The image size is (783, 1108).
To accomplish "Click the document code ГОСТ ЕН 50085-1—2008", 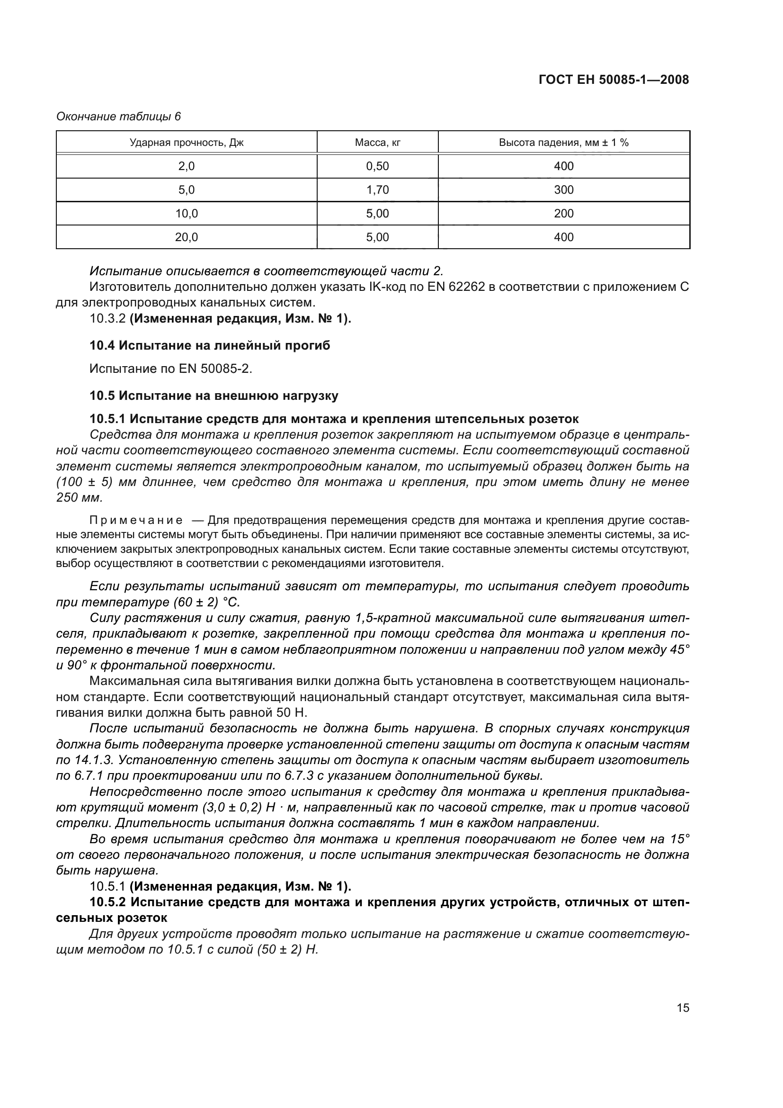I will (613, 80).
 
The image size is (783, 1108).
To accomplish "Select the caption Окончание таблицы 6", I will (119, 117).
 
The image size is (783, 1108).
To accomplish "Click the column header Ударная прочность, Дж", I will (187, 143).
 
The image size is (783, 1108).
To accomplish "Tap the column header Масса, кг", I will (377, 143).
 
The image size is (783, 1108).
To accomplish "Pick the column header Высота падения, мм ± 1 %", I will (564, 143).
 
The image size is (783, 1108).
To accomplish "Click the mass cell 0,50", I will (377, 166).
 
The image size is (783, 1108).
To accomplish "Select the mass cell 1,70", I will (377, 189).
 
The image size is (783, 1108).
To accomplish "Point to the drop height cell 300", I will (564, 189).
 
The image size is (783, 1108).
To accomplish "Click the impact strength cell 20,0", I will (187, 237).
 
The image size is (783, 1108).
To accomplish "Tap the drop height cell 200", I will (564, 213).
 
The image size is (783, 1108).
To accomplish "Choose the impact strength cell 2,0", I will (187, 166).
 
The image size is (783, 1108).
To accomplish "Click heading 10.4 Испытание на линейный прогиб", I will (210, 345).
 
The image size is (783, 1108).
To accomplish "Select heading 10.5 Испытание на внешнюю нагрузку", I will (214, 396).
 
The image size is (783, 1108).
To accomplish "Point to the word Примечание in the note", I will (136, 520).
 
